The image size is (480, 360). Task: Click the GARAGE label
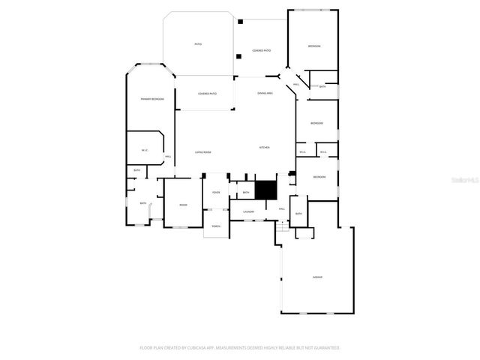pyautogui.click(x=317, y=277)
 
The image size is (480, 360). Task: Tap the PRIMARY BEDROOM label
pyautogui.click(x=152, y=99)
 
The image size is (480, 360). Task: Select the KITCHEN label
pyautogui.click(x=265, y=148)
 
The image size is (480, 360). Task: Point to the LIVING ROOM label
pyautogui.click(x=203, y=152)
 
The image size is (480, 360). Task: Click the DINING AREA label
pyautogui.click(x=265, y=93)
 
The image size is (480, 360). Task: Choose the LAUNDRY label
pyautogui.click(x=248, y=211)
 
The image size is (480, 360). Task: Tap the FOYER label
pyautogui.click(x=216, y=193)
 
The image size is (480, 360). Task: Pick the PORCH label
pyautogui.click(x=216, y=226)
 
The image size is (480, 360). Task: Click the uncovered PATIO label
pyautogui.click(x=198, y=44)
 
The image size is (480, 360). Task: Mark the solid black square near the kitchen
pyautogui.click(x=266, y=190)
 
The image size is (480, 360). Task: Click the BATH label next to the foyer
pyautogui.click(x=246, y=193)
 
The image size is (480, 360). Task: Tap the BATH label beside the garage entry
pyautogui.click(x=298, y=214)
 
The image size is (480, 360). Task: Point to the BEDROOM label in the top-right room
pyautogui.click(x=314, y=46)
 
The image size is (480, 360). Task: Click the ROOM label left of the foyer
pyautogui.click(x=183, y=205)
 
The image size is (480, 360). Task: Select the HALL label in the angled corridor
pyautogui.click(x=297, y=85)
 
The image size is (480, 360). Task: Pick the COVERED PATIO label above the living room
pyautogui.click(x=208, y=94)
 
